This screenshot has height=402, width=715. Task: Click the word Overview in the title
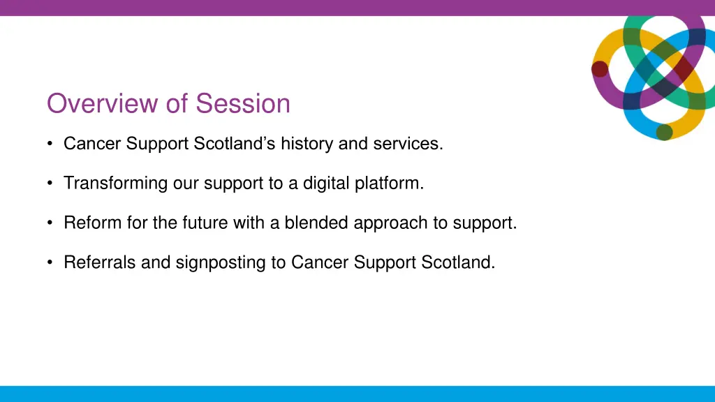[103, 103]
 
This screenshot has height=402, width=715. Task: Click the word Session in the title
[243, 103]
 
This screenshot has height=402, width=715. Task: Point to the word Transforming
[116, 184]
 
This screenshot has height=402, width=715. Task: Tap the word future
[190, 223]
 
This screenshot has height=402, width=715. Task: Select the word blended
[316, 223]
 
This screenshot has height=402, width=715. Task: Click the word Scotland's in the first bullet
[235, 144]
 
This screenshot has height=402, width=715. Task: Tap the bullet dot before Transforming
[50, 184]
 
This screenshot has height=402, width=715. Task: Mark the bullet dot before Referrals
[50, 263]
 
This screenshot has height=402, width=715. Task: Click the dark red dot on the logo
[599, 68]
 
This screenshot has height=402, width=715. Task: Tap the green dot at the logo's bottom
[664, 132]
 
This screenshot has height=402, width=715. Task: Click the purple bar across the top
[357, 8]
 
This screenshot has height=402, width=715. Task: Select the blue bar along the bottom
[357, 394]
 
